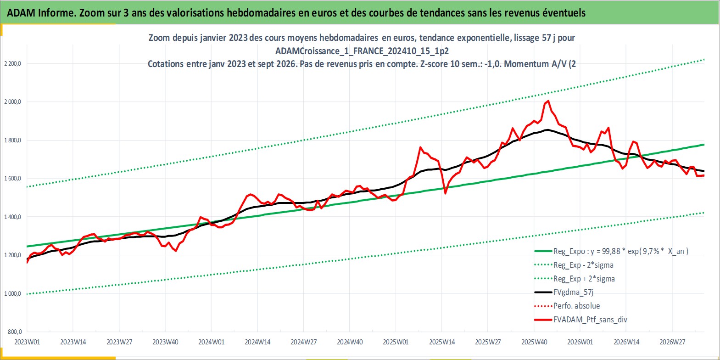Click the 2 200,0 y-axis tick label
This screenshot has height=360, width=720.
click(x=12, y=64)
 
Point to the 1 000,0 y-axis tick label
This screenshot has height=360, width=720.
click(x=12, y=294)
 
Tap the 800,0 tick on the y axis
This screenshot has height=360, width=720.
click(x=15, y=332)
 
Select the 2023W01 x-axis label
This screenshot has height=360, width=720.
click(x=27, y=342)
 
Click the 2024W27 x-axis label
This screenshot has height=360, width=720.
click(x=303, y=342)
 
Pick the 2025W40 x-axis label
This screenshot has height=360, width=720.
click(x=534, y=342)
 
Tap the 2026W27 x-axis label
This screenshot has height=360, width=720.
click(x=672, y=342)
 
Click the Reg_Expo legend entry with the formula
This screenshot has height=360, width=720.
click(x=611, y=251)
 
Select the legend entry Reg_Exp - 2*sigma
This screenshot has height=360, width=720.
click(x=574, y=265)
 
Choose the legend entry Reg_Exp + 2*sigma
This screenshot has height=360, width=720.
click(x=575, y=279)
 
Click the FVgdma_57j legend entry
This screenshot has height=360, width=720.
click(x=564, y=292)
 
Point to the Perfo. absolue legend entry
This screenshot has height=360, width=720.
click(x=567, y=306)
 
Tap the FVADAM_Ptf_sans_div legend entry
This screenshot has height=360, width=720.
click(x=581, y=320)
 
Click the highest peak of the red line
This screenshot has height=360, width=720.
click(x=548, y=101)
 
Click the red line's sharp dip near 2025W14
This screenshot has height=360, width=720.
click(x=445, y=193)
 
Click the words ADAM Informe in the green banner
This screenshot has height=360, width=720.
click(x=41, y=13)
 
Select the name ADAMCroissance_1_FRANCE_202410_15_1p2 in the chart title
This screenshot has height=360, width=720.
click(x=362, y=51)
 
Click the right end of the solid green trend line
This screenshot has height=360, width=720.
click(x=704, y=145)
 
